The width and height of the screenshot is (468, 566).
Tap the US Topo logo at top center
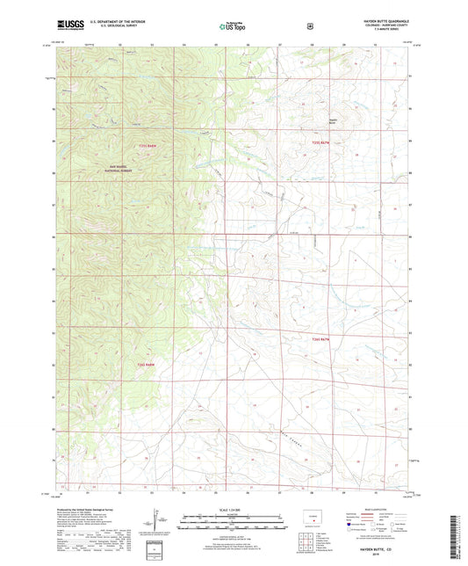[233, 27]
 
